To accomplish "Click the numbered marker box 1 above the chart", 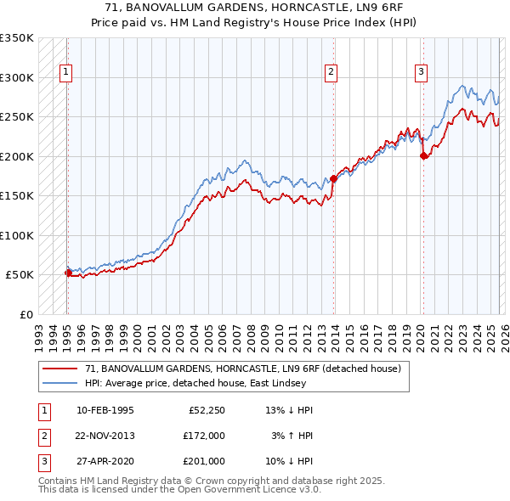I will tap(66, 73).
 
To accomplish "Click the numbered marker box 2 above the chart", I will tap(331, 73).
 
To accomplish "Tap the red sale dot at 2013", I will tap(333, 179).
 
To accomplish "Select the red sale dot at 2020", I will tap(423, 155).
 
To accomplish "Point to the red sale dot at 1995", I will tap(68, 273).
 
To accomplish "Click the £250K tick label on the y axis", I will tap(17, 116).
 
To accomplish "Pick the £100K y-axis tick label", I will tap(17, 235).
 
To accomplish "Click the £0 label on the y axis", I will tap(25, 314).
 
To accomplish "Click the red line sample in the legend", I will tap(61, 369).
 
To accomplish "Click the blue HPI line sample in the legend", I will tap(61, 383).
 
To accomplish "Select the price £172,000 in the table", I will tap(204, 436).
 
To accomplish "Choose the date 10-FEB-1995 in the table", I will tap(105, 410).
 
